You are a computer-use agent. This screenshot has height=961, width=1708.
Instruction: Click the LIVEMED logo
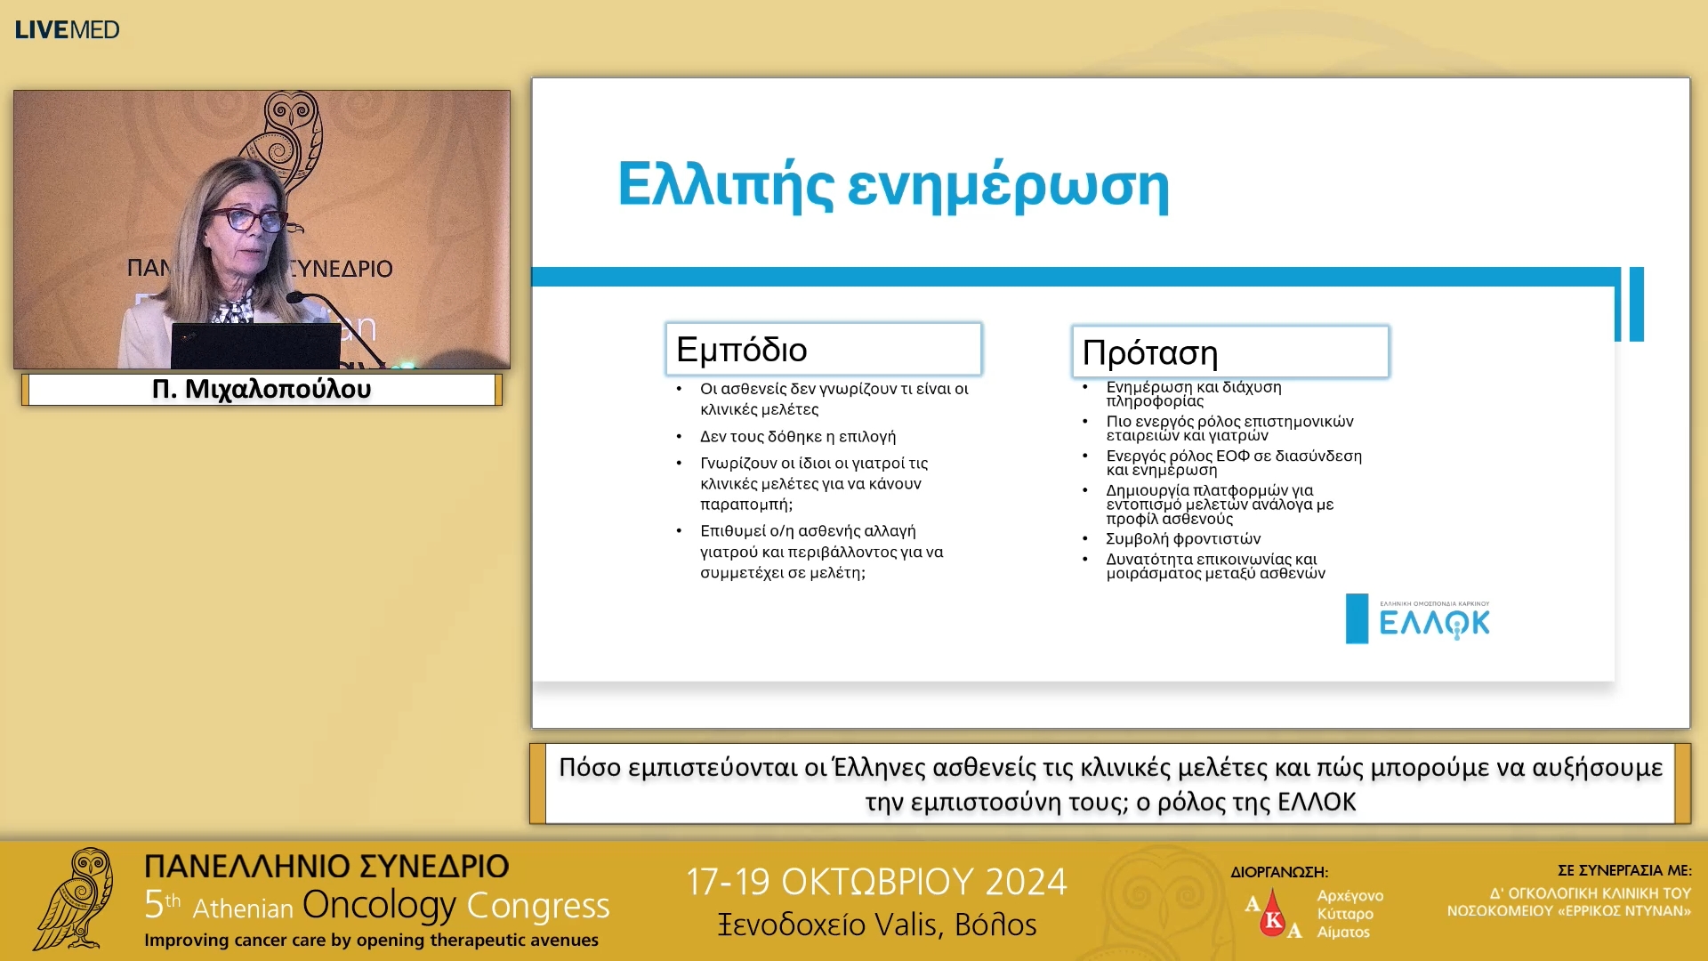pos(67,29)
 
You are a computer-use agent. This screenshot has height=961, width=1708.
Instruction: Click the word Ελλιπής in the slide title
pos(725,186)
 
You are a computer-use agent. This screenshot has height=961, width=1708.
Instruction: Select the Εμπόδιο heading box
pos(824,349)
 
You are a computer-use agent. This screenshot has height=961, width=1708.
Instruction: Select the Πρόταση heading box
pos(1230,352)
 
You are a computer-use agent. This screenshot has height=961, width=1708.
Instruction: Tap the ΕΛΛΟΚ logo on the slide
pos(1418,618)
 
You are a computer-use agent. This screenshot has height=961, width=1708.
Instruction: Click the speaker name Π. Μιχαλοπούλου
pos(262,389)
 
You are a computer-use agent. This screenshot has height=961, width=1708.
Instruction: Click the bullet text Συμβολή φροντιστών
pos(1183,538)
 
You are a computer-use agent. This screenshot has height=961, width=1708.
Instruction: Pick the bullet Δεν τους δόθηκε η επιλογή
pos(798,436)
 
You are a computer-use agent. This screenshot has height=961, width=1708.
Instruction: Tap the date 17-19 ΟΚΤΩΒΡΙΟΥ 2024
pos(876,882)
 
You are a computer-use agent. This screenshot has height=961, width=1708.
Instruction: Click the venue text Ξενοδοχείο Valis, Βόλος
pos(877,925)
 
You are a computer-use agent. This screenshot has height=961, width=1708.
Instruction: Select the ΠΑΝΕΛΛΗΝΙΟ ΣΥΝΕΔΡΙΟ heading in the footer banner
pos(326,866)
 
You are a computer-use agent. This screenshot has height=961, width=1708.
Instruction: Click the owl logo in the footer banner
pos(76,899)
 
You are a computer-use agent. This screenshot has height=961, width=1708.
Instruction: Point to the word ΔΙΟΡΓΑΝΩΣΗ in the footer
pos(1278,872)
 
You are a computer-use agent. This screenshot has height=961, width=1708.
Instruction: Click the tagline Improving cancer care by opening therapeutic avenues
pos(371,941)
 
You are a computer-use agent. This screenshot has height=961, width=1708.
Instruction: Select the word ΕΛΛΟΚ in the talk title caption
pos(1317,802)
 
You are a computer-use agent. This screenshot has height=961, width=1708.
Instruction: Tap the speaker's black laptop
pos(255,345)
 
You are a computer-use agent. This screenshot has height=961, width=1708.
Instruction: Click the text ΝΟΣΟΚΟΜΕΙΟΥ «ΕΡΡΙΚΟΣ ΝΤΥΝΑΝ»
pos(1569,911)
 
